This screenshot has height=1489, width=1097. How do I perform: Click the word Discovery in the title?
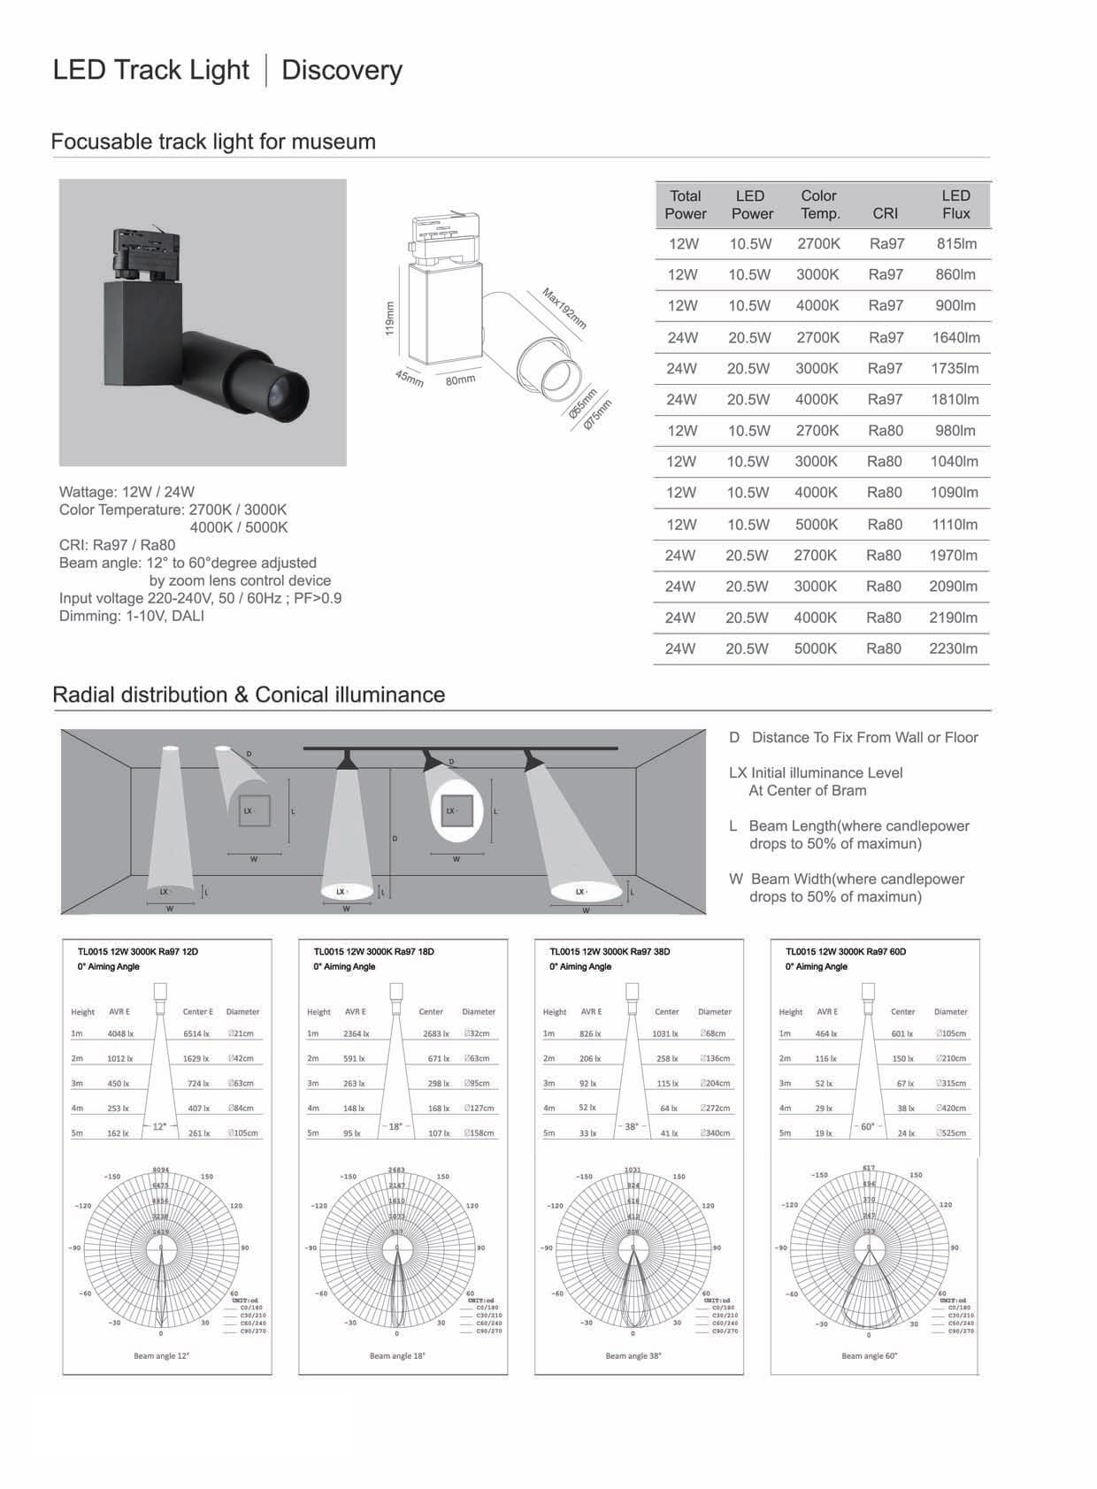[341, 70]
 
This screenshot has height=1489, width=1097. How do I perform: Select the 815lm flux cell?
[955, 243]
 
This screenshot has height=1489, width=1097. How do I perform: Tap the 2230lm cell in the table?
[953, 649]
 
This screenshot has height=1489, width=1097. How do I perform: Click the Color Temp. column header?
[818, 204]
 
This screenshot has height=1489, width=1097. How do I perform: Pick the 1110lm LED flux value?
[954, 524]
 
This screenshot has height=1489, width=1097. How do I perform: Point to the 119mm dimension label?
[389, 319]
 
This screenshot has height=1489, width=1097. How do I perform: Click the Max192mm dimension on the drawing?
[564, 308]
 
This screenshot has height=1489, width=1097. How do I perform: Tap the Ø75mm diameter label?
[598, 415]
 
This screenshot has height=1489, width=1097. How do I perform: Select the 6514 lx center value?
[196, 1033]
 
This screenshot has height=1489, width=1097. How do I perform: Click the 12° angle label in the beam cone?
[159, 1126]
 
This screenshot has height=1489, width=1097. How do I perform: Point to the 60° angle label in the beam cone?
[868, 1126]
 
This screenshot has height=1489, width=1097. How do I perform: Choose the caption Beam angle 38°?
[633, 1355]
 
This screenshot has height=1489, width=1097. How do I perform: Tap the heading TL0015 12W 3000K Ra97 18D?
[373, 952]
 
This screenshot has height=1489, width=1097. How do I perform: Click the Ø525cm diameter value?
[951, 1132]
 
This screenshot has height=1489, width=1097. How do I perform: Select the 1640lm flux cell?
[955, 337]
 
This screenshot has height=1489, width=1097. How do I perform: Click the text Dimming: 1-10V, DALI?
[132, 616]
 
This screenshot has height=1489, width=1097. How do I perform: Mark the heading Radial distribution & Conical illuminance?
[249, 695]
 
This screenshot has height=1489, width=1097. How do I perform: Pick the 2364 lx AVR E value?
[357, 1033]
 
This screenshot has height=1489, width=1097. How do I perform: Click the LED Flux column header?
[955, 204]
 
